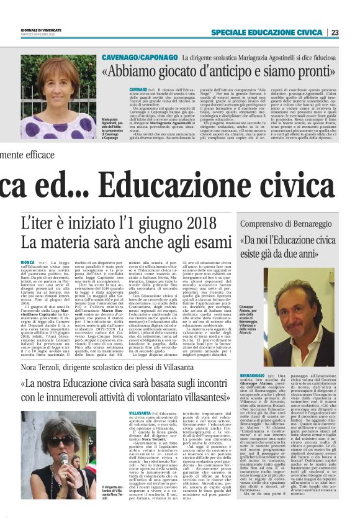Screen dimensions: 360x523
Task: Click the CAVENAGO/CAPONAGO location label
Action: click(139, 58)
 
